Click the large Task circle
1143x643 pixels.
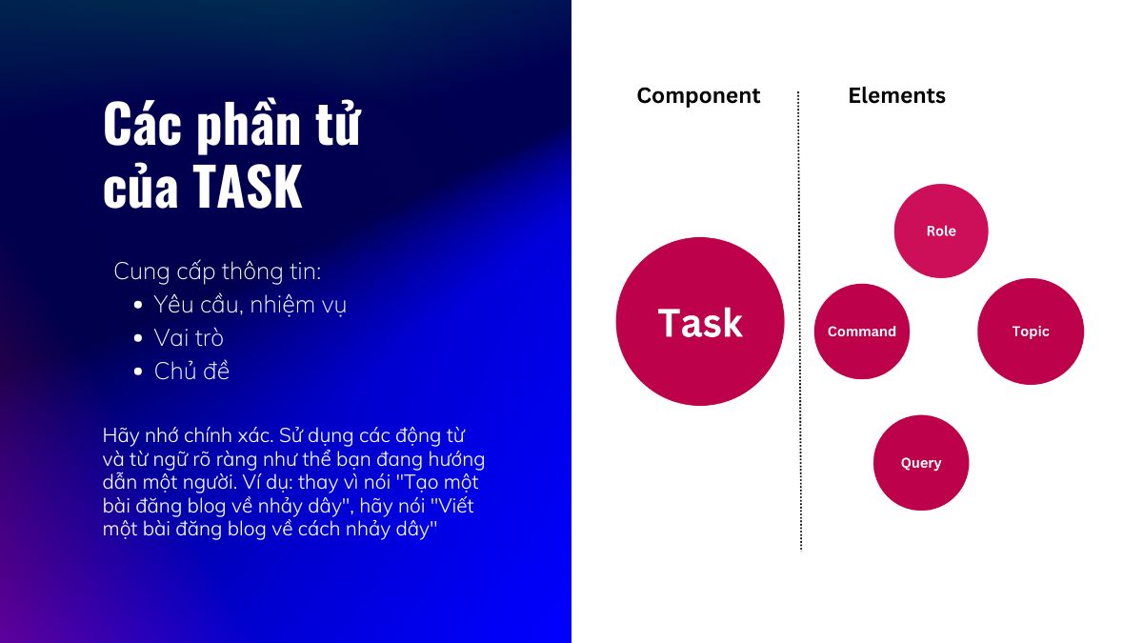700,322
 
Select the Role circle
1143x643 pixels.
941,231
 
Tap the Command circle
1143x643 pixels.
862,332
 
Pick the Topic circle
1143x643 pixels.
1031,332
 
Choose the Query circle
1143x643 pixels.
921,463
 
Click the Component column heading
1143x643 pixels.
698,96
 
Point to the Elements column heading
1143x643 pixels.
896,95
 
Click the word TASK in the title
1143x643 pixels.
248,187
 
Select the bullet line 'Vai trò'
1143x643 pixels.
189,338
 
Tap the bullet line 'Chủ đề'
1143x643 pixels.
191,371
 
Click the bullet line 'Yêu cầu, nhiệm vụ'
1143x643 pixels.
250,305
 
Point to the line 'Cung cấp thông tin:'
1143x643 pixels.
217,271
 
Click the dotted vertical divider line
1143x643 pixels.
799,322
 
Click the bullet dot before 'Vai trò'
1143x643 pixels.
138,338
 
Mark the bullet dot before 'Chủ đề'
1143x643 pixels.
138,372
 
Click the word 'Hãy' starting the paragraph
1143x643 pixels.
121,436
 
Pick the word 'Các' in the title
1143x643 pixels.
142,124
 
